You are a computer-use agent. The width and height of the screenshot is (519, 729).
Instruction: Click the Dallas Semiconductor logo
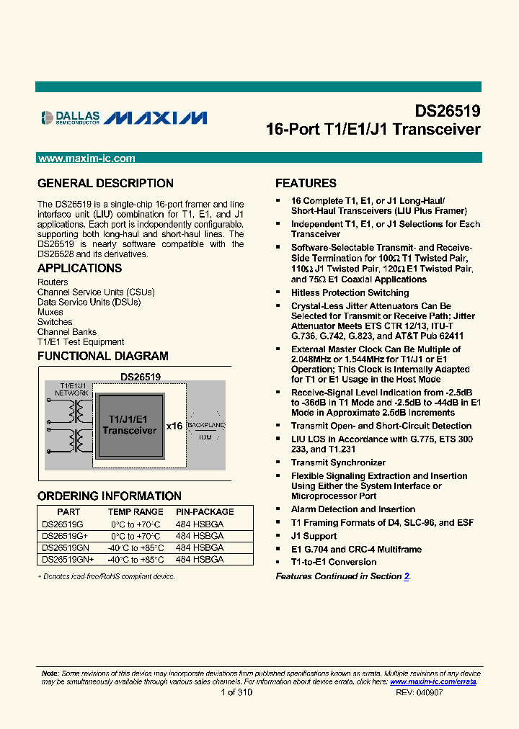69,117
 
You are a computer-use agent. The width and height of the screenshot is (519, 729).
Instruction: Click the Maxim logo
156,117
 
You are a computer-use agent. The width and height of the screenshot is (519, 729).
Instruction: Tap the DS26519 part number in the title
447,112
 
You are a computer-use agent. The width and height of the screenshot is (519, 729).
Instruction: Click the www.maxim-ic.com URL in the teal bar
86,158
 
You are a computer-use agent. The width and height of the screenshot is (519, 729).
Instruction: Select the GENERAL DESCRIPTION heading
105,184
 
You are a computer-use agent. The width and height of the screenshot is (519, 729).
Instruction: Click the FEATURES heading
306,184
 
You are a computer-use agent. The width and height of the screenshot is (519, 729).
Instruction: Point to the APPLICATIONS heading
79,269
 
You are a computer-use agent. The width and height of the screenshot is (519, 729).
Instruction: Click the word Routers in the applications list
53,282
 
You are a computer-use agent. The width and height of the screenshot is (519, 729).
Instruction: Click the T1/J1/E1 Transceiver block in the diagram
130,425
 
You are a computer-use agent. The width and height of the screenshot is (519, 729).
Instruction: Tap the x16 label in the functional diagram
174,426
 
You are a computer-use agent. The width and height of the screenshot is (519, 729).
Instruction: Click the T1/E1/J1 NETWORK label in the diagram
71,390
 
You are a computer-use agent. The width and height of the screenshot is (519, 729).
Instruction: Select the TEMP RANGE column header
136,512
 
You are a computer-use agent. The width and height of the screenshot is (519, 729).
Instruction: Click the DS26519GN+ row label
66,560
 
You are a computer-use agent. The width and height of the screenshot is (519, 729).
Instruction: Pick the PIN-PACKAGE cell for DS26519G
200,524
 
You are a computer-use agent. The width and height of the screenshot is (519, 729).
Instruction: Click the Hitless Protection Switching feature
350,293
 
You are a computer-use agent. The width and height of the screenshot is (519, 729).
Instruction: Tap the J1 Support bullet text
314,537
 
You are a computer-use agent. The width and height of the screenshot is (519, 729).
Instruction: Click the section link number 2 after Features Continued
407,576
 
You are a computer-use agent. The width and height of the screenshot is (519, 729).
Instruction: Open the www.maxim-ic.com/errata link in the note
433,681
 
